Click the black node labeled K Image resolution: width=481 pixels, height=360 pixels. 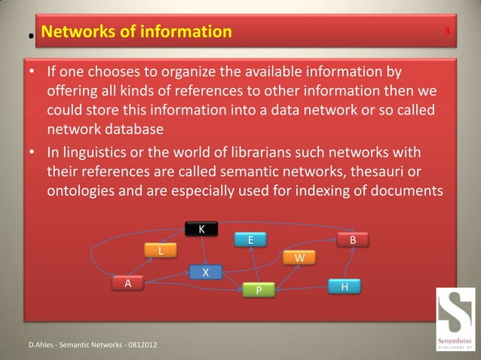(x=201, y=229)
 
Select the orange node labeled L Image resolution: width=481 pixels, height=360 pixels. (x=161, y=250)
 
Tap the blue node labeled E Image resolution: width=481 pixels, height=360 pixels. (x=250, y=239)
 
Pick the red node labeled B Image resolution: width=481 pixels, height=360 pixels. (x=352, y=239)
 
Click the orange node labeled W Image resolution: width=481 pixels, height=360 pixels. (x=299, y=258)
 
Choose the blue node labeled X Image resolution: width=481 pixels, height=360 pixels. (x=204, y=272)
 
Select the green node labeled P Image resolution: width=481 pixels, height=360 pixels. (x=258, y=290)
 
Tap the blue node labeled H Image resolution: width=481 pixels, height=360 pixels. (x=344, y=287)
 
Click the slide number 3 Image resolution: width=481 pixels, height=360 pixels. (x=447, y=32)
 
